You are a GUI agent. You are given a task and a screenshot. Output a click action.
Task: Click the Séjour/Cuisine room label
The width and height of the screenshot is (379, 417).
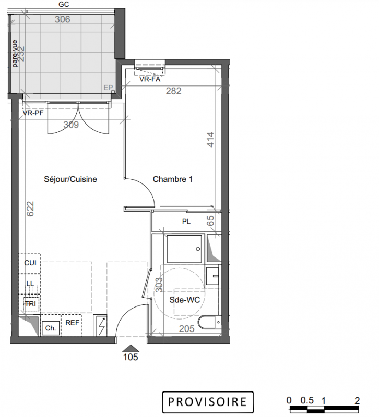(x=70, y=179)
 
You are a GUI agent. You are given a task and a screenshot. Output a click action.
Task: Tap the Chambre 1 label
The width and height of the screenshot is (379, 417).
(x=173, y=179)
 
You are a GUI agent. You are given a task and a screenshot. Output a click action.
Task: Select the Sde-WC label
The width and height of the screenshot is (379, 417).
(x=185, y=300)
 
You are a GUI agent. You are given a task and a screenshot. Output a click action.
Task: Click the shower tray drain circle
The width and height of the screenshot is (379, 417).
(x=198, y=249)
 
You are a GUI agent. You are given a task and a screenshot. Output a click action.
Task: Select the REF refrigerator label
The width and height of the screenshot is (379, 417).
(x=72, y=323)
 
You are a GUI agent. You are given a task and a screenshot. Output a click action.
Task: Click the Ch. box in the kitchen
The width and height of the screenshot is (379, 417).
(x=50, y=328)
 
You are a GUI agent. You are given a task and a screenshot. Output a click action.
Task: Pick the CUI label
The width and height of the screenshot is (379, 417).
(x=30, y=263)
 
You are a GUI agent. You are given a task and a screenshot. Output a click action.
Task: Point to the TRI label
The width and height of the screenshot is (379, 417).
(x=31, y=303)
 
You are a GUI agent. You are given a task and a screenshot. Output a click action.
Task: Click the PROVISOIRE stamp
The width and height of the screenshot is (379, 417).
(x=208, y=402)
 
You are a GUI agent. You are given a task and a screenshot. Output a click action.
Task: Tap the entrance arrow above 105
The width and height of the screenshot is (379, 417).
(x=131, y=348)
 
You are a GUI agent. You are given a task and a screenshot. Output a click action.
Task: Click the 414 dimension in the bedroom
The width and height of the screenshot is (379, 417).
(x=210, y=140)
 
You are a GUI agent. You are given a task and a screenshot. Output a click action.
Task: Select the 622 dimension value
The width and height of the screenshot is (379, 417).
(x=30, y=209)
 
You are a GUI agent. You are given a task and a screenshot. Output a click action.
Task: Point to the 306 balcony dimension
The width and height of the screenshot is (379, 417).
(x=63, y=19)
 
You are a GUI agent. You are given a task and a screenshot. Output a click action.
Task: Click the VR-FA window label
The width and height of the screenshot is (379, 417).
(x=150, y=79)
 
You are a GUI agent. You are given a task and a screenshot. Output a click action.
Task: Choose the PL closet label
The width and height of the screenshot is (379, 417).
(x=186, y=221)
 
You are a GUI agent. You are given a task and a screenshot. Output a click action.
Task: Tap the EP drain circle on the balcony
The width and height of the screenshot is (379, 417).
(x=113, y=92)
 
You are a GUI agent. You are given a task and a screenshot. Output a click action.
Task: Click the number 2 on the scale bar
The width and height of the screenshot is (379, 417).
(x=357, y=400)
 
